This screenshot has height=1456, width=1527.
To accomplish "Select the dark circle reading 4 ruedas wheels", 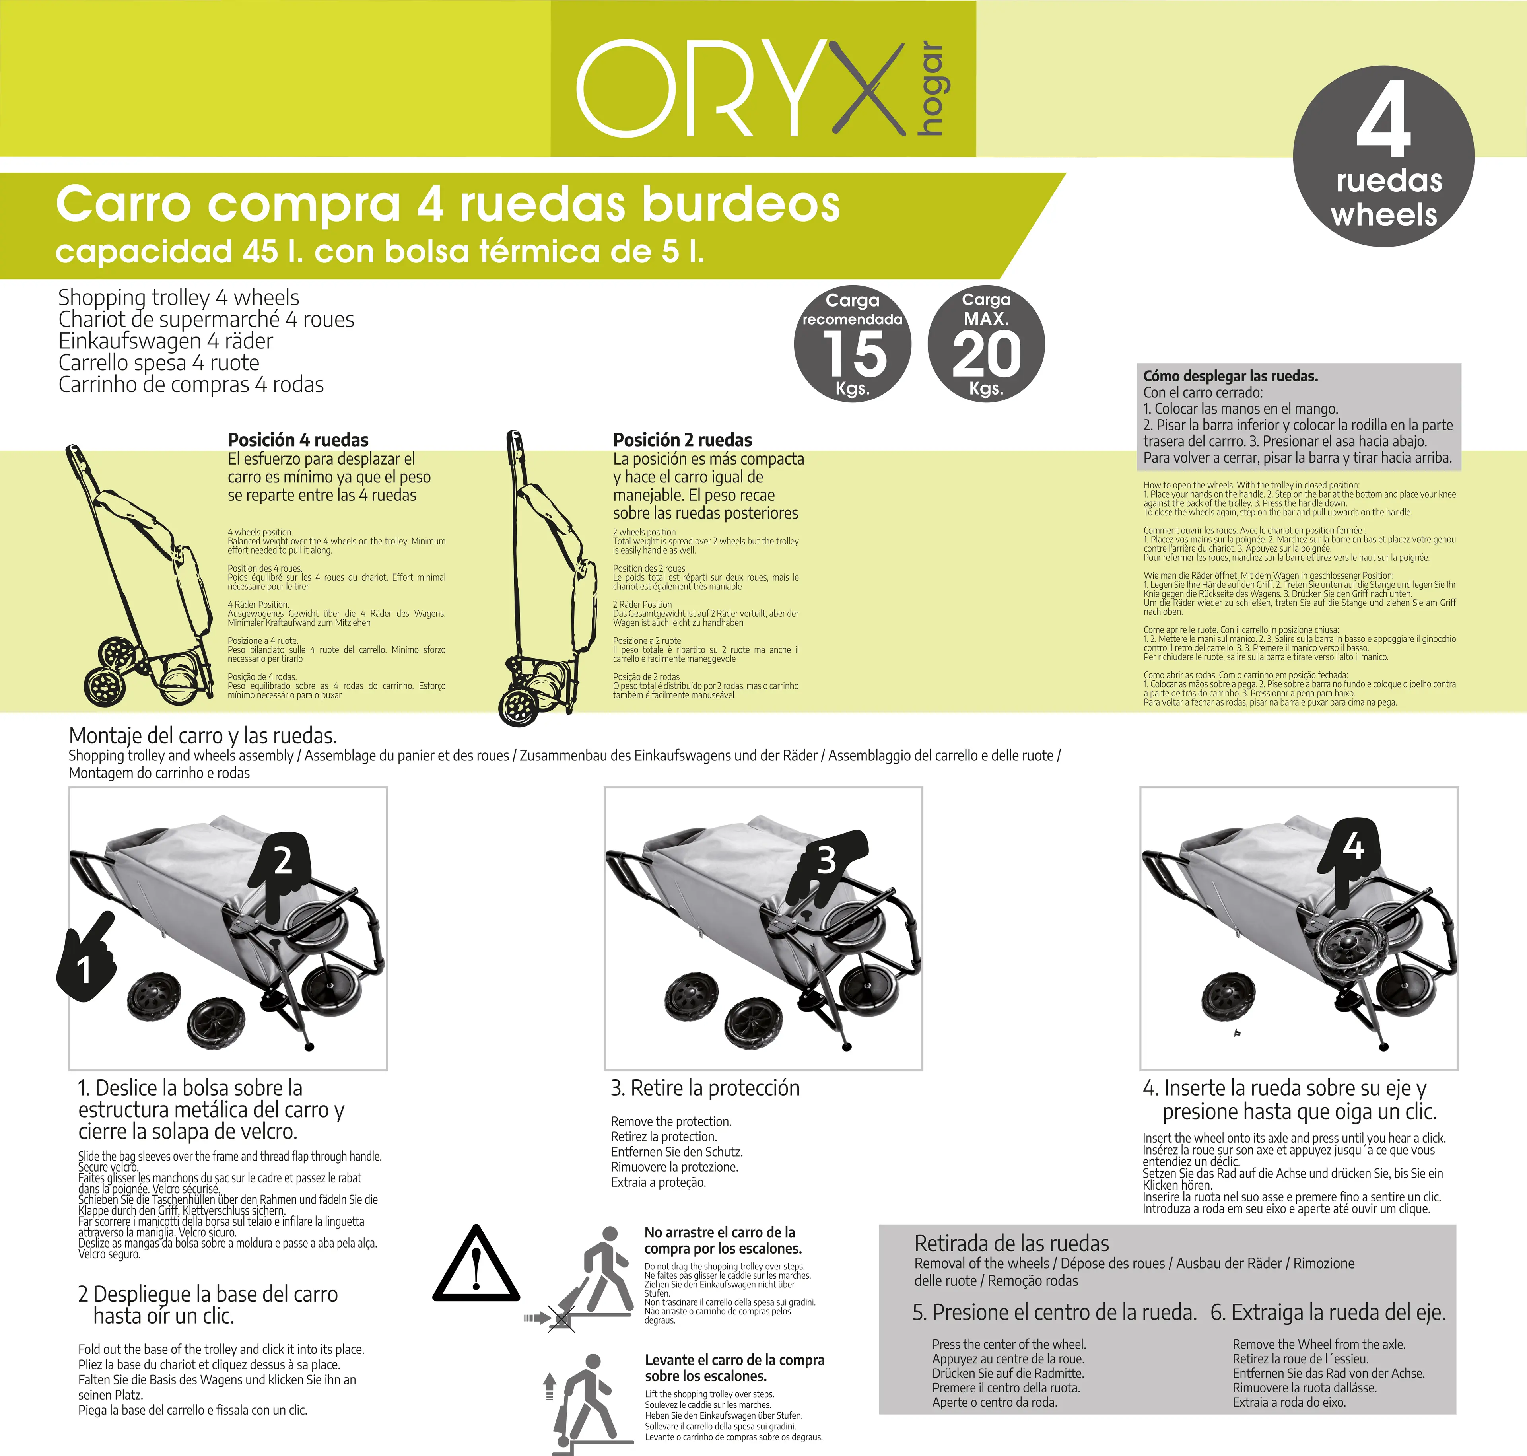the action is coord(1383,156).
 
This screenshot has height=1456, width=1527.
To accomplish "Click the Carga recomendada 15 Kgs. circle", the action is coord(853,344).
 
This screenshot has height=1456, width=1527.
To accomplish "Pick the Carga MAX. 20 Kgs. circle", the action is coord(986,344).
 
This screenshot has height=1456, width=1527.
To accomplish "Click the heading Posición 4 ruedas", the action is coord(298,439).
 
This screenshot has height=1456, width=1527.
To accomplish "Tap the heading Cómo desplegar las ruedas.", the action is coord(1231,376).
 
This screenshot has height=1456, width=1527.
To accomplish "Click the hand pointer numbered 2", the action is coord(281,875).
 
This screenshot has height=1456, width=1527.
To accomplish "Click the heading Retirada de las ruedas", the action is coord(1012,1243).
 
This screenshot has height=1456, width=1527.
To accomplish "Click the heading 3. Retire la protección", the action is coord(705,1088).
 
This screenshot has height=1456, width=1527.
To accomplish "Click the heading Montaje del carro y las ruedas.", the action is coord(202,735).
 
